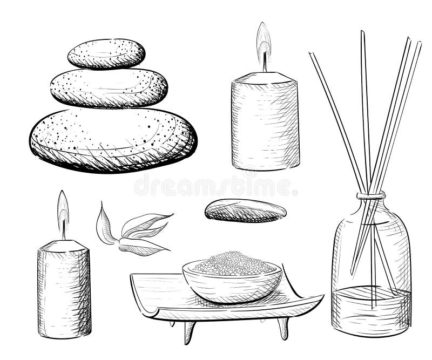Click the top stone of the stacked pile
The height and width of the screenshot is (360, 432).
tap(106, 54)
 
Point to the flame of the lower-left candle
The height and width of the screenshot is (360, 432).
tap(63, 208)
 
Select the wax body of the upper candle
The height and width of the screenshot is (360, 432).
tap(265, 124)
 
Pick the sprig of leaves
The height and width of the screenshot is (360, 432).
tap(132, 232)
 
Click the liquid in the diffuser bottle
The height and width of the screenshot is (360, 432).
tap(371, 310)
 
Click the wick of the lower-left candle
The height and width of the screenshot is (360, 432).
tap(64, 232)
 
